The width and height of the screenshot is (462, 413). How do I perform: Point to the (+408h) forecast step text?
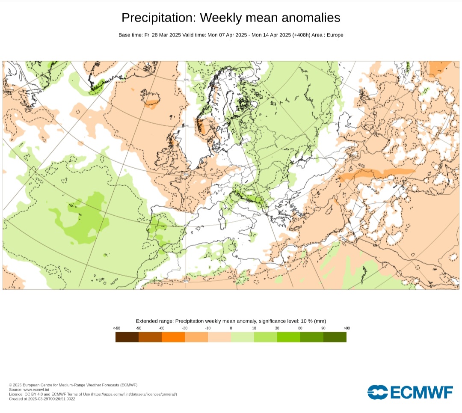pyautogui.click(x=302, y=35)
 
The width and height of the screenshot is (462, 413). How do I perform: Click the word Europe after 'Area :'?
pyautogui.click(x=335, y=35)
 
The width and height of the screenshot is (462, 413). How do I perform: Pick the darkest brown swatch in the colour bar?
pyautogui.click(x=127, y=337)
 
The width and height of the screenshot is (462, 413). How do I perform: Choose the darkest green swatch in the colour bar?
pyautogui.click(x=335, y=337)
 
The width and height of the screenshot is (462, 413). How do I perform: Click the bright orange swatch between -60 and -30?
pyautogui.click(x=173, y=337)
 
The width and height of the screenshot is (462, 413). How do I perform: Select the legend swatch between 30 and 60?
pyautogui.click(x=289, y=337)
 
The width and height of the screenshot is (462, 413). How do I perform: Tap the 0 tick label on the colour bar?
pyautogui.click(x=231, y=328)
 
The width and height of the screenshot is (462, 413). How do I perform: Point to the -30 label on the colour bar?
pyautogui.click(x=185, y=328)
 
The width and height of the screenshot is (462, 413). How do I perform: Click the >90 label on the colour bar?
pyautogui.click(x=346, y=328)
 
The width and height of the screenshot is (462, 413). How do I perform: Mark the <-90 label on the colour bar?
pyautogui.click(x=116, y=328)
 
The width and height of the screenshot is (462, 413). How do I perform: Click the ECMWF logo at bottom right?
pyautogui.click(x=410, y=392)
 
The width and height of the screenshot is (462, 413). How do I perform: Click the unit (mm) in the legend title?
pyautogui.click(x=319, y=321)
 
